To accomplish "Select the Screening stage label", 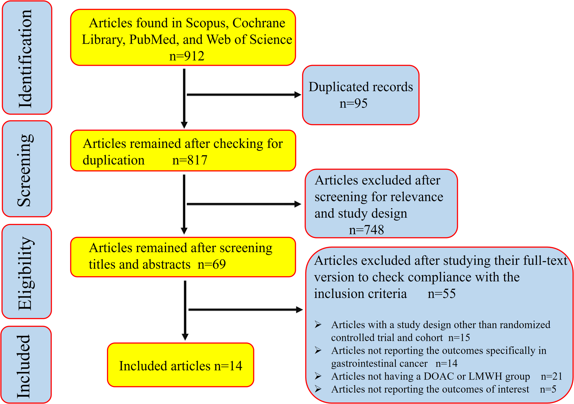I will pyautogui.click(x=26, y=170).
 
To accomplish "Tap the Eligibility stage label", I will pyautogui.click(x=26, y=273).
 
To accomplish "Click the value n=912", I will pyautogui.click(x=187, y=56).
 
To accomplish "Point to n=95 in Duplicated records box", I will pyautogui.click(x=353, y=104).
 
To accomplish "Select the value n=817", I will pyautogui.click(x=190, y=160).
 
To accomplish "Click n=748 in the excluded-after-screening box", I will pyautogui.click(x=366, y=230).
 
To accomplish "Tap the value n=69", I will pyautogui.click(x=212, y=264).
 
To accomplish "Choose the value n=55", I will pyautogui.click(x=441, y=294).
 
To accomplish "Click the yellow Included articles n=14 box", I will pyautogui.click(x=181, y=366).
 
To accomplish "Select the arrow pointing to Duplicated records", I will pyautogui.click(x=243, y=95).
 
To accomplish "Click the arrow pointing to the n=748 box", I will pyautogui.click(x=243, y=204).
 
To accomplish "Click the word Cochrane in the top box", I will pyautogui.click(x=259, y=23).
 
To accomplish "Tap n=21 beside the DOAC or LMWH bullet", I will pyautogui.click(x=551, y=377).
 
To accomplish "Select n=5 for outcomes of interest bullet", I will pyautogui.click(x=548, y=389).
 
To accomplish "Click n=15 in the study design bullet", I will pyautogui.click(x=459, y=338).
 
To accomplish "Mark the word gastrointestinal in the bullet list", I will pyautogui.click(x=379, y=364).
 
